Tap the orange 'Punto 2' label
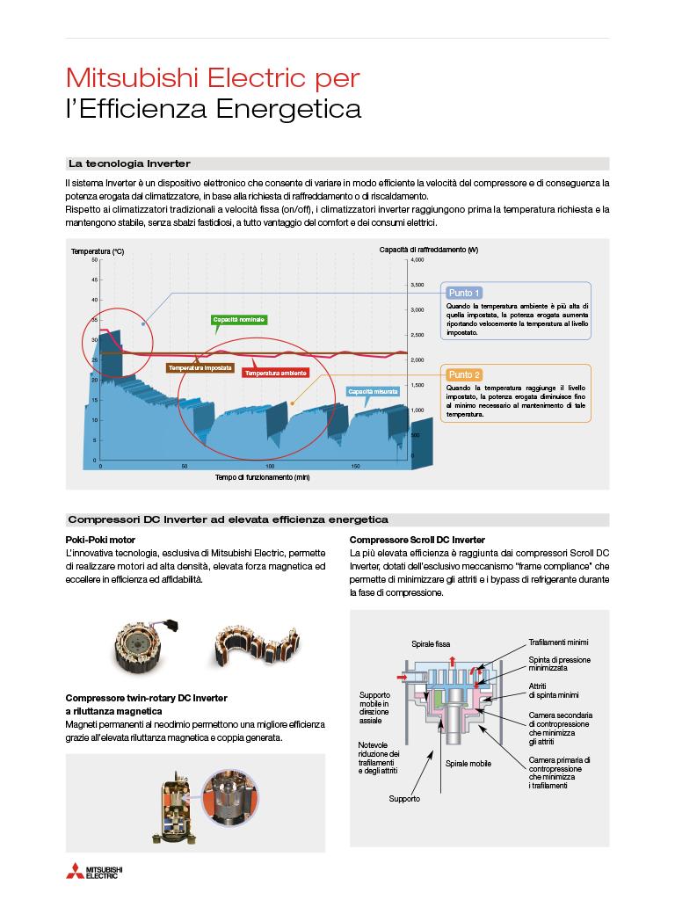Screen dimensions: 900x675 [x=464, y=374]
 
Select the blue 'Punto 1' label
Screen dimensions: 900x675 [x=464, y=293]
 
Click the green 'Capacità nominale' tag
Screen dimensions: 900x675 [x=239, y=319]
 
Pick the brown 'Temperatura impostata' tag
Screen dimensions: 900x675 [x=200, y=367]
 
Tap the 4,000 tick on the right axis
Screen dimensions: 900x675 [x=417, y=260]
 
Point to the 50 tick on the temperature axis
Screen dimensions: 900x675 [x=95, y=260]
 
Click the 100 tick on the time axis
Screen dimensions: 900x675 [x=270, y=466]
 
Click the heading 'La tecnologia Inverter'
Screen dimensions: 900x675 [x=129, y=163]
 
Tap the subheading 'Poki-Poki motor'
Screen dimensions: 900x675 [x=100, y=539]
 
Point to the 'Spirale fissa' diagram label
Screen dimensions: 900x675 [x=431, y=644]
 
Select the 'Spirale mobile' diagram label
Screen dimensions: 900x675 [x=468, y=763]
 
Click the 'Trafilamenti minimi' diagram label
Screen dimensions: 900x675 [x=558, y=642]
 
